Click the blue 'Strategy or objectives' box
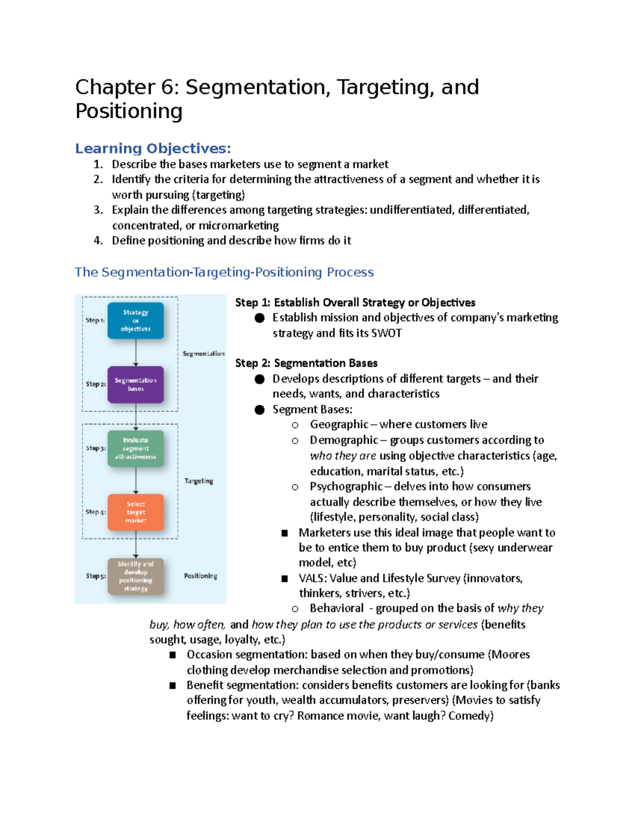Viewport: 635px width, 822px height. [x=135, y=320]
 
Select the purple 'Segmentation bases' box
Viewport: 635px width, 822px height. [x=135, y=384]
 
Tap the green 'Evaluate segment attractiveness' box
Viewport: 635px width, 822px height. [x=135, y=448]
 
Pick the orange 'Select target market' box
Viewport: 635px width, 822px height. [x=135, y=512]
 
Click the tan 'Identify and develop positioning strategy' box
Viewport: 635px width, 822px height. [x=135, y=576]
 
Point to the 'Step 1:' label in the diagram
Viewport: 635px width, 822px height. [x=95, y=320]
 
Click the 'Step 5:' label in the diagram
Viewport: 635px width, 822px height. [x=96, y=576]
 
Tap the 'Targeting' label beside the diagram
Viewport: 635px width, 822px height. [x=198, y=481]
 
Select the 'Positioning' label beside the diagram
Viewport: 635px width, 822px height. [x=201, y=576]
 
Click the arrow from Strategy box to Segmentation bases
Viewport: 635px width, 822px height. [x=136, y=353]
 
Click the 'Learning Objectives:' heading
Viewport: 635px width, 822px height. [x=153, y=148]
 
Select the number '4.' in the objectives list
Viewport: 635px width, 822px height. [x=98, y=240]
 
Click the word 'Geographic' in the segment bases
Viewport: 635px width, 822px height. [x=339, y=424]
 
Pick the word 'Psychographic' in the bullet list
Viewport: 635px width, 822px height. [x=346, y=486]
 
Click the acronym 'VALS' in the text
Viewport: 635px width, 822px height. [x=311, y=578]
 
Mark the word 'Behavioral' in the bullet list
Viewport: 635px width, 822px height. [x=337, y=609]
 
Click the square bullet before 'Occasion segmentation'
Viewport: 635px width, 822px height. [x=173, y=655]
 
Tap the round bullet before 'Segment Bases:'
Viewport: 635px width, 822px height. [x=259, y=410]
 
